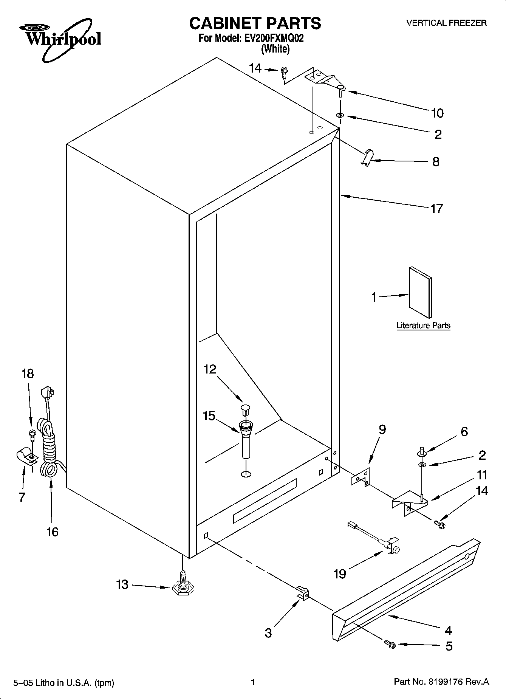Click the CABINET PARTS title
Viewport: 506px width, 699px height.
pos(255,23)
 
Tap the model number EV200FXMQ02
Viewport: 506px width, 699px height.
pos(272,39)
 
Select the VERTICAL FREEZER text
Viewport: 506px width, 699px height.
pos(446,23)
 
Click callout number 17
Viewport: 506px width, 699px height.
pos(436,209)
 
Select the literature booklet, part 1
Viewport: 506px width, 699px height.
pos(420,292)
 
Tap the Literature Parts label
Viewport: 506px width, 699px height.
pos(423,325)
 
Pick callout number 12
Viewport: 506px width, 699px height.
pos(210,369)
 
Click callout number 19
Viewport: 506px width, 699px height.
pos(340,574)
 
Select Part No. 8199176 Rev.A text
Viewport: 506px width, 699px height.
pos(441,682)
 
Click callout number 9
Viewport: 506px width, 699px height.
pos(382,430)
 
